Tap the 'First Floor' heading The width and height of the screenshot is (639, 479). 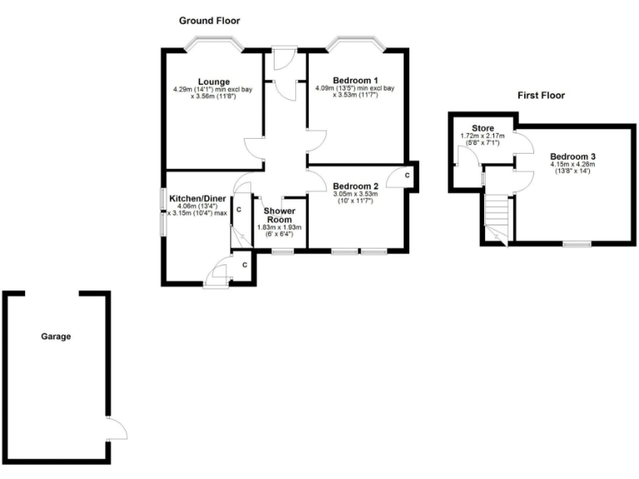pos(542,96)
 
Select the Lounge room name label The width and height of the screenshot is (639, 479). pos(207,81)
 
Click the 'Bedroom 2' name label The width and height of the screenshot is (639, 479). pos(355,185)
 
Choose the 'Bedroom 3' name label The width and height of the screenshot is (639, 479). pos(572,156)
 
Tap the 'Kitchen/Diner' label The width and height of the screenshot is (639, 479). pos(198,199)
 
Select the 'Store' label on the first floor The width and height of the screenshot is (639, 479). pos(483,128)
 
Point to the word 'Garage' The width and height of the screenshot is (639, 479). pos(56,337)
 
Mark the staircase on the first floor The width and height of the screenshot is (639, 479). pos(497,218)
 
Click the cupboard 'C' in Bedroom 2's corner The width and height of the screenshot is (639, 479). pos(404,175)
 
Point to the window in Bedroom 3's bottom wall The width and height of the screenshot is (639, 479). pos(576,244)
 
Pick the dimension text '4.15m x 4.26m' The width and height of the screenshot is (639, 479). pos(572,165)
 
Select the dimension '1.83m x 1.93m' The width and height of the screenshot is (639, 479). pos(280,228)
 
